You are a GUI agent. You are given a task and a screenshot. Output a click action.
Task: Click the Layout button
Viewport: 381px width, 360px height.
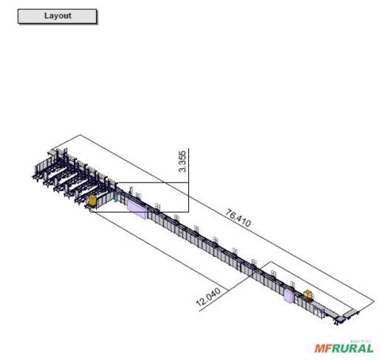coord(57,17)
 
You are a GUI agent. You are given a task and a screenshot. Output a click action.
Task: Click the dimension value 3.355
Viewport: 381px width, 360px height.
coord(183,161)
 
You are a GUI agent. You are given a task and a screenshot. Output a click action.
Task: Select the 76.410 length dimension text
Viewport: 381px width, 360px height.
coord(238,218)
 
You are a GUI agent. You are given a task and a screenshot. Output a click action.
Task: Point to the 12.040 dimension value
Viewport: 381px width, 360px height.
coord(208,297)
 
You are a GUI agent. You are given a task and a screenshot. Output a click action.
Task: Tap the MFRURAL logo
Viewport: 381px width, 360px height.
coord(344,347)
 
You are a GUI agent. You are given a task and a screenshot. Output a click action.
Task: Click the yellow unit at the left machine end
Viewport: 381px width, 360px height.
coord(91,200)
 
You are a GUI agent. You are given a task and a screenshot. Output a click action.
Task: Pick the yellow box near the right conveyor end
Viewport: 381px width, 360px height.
coord(308,294)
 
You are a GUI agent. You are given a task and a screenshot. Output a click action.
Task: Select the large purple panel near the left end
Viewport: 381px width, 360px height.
coord(137,209)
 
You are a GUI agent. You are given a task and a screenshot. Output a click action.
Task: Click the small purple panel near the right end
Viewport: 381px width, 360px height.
coord(288,296)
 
